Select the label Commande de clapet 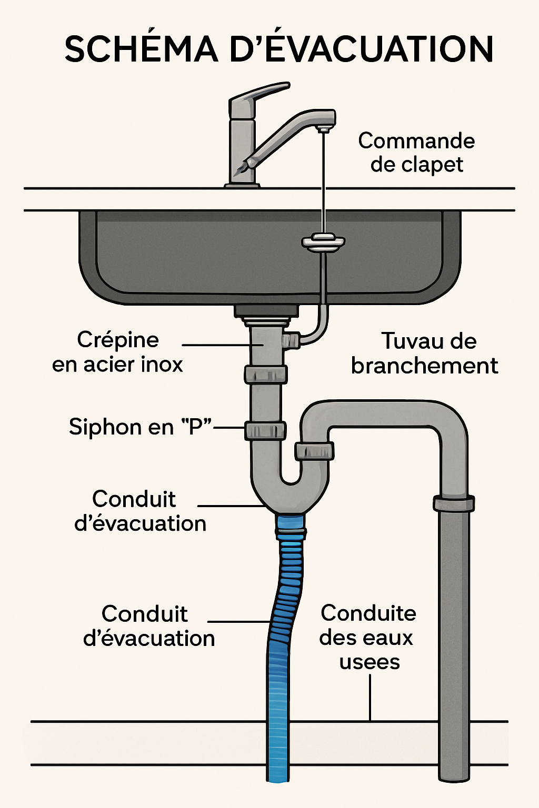[416, 153]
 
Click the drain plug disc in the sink [323, 241]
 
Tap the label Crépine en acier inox [117, 352]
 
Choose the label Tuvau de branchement [425, 353]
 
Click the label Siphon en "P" [140, 427]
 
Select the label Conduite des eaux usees [368, 637]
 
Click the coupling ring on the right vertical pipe [454, 503]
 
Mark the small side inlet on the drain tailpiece [291, 339]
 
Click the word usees [370, 661]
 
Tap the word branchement [425, 366]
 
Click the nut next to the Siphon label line [265, 431]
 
